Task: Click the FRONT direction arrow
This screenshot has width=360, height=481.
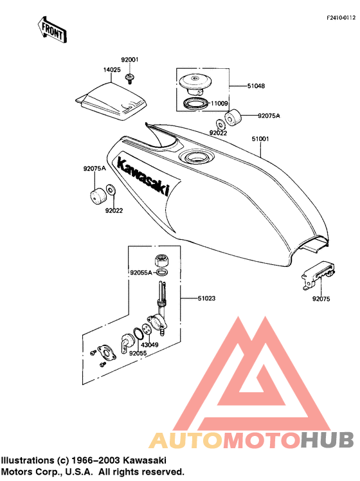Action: (x=52, y=30)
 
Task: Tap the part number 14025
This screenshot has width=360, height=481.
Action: (x=112, y=70)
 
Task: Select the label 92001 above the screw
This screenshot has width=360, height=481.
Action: (x=130, y=60)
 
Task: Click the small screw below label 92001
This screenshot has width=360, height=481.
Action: (x=130, y=78)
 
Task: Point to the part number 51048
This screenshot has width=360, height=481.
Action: (x=256, y=86)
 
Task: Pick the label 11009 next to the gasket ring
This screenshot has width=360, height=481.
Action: (x=219, y=104)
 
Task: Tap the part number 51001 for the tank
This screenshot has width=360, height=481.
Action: (x=260, y=139)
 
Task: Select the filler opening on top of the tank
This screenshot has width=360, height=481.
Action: (x=196, y=158)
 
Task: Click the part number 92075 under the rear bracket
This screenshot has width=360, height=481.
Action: (x=321, y=299)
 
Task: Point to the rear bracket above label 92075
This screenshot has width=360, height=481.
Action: (x=318, y=275)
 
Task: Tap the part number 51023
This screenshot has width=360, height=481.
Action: (x=206, y=298)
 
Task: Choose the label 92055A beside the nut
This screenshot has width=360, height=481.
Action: (x=141, y=273)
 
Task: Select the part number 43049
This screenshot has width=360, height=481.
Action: (x=150, y=345)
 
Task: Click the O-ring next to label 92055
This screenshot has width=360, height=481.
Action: (x=138, y=334)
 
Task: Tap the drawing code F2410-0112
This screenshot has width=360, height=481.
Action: (x=341, y=18)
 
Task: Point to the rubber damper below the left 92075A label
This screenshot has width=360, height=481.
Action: (x=98, y=195)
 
